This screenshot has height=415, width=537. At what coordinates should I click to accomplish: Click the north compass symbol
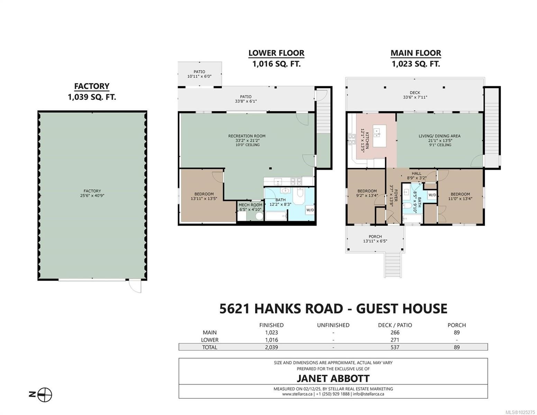(41, 395)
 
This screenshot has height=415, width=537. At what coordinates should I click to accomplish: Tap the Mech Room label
(250, 207)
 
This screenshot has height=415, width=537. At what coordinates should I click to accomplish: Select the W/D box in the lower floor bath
(310, 210)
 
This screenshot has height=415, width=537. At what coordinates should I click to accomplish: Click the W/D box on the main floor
(432, 195)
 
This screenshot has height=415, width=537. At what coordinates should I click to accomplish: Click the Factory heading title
(92, 86)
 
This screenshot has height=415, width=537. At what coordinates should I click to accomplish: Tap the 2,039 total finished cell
(271, 347)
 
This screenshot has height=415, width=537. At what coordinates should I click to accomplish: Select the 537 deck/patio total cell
(395, 347)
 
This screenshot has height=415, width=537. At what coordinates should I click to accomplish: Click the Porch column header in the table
(456, 325)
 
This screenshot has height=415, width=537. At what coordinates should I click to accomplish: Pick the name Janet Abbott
(333, 378)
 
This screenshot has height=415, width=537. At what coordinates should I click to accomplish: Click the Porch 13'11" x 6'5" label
(375, 239)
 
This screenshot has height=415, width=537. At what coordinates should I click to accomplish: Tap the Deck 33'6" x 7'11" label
(415, 95)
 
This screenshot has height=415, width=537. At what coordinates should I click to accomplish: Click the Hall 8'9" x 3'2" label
(417, 176)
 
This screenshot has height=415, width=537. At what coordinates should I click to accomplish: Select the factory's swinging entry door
(135, 286)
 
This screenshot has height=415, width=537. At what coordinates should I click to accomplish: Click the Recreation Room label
(247, 136)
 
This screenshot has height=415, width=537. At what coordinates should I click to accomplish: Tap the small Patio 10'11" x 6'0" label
(199, 74)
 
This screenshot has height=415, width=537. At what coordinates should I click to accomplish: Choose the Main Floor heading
(416, 53)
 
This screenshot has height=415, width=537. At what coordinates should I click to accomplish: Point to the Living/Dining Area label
(440, 136)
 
